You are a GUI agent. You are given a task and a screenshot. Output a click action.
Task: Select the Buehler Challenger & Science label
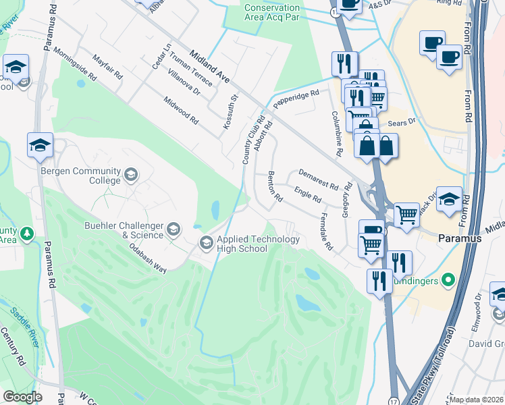(123, 231)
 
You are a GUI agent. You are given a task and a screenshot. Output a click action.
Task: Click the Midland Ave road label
(209, 66)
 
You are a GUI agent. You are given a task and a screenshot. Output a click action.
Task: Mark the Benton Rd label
(275, 188)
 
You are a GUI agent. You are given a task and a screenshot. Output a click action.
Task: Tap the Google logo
(22, 396)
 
